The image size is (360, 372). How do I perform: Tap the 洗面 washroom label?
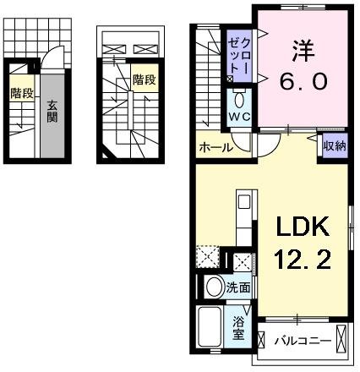[238, 287]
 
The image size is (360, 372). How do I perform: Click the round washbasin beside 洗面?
[213, 286]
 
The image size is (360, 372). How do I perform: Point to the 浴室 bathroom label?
[239, 328]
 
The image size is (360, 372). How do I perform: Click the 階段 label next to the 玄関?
[23, 94]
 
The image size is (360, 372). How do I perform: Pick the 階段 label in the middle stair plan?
[145, 80]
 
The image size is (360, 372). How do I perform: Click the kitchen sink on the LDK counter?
[243, 204]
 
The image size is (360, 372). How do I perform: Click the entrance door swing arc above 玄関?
[52, 56]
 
